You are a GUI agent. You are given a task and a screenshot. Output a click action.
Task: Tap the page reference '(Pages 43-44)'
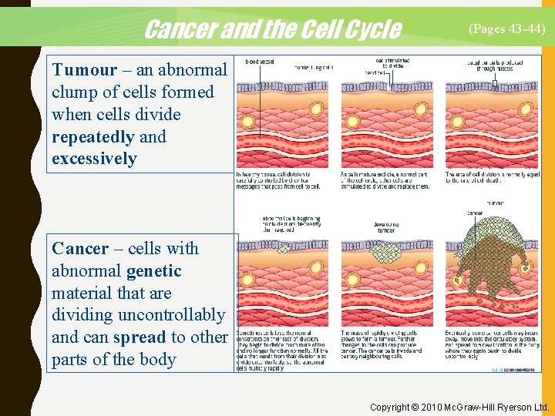[x=507, y=29]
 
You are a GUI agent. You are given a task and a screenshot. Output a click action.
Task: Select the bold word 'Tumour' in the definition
[x=84, y=70]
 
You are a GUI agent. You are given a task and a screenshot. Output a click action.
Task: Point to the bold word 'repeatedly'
[x=92, y=137]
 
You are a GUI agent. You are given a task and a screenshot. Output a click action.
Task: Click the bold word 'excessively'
[x=94, y=159]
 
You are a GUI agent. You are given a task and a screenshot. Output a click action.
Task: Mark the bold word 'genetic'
[x=153, y=271]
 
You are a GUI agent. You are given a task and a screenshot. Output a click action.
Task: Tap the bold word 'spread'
[x=139, y=337]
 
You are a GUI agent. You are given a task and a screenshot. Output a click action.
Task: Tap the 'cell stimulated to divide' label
[x=393, y=62]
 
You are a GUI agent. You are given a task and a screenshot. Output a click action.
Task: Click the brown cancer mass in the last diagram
[x=493, y=266]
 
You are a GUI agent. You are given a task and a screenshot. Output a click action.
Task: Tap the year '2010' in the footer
[x=442, y=407]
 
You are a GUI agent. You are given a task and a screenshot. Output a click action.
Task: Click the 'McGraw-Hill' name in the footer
[x=482, y=407]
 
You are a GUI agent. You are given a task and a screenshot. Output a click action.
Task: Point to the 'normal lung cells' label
[x=313, y=67]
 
